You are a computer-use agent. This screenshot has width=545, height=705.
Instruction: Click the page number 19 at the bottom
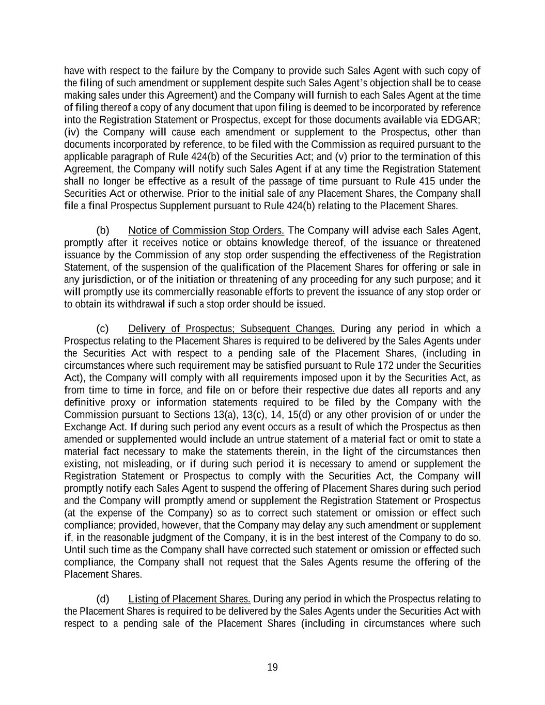point(272,667)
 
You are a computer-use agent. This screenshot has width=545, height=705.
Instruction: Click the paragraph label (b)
point(103,230)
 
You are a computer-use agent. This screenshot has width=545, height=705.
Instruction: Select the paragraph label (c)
point(103,329)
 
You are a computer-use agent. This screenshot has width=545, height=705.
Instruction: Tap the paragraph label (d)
point(103,599)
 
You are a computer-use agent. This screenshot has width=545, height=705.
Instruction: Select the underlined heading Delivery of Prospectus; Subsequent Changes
point(231,329)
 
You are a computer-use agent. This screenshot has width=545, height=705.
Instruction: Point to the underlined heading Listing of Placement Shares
point(190,599)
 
